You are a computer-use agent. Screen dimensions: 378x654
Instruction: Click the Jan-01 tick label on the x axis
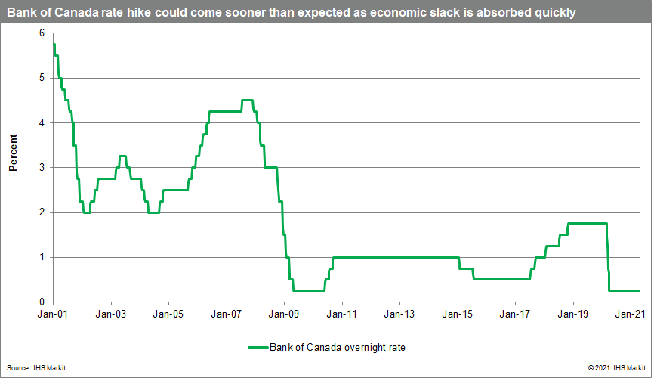pyautogui.click(x=53, y=313)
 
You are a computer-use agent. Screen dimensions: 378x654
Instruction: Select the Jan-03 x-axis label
pyautogui.click(x=111, y=313)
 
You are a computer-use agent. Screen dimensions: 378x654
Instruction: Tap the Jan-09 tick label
pyautogui.click(x=284, y=313)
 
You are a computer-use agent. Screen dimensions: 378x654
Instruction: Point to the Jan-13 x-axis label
pyautogui.click(x=399, y=313)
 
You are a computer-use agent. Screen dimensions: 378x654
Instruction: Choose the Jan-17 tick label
pyautogui.click(x=515, y=313)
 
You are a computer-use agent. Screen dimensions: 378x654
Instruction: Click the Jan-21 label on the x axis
pyautogui.click(x=631, y=313)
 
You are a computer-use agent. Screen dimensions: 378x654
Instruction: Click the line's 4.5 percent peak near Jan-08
pyautogui.click(x=247, y=101)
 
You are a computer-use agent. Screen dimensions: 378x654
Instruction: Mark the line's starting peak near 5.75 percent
pyautogui.click(x=54, y=45)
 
